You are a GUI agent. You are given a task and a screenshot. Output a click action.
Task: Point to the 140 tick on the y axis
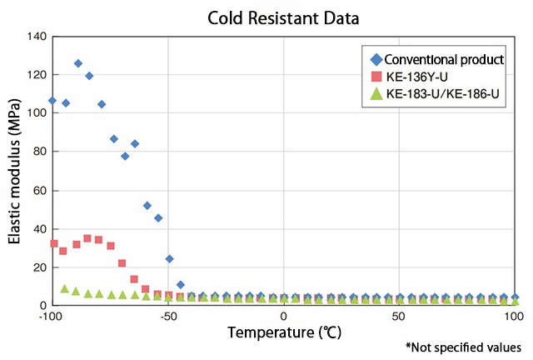[36, 37]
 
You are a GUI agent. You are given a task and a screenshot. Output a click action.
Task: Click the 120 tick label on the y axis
[36, 75]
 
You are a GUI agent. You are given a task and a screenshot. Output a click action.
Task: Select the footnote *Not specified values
[463, 347]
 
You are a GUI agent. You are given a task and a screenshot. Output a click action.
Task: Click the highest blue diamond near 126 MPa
[78, 63]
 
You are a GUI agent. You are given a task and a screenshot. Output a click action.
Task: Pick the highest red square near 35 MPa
[87, 238]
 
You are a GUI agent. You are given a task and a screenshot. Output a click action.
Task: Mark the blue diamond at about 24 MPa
[170, 258]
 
